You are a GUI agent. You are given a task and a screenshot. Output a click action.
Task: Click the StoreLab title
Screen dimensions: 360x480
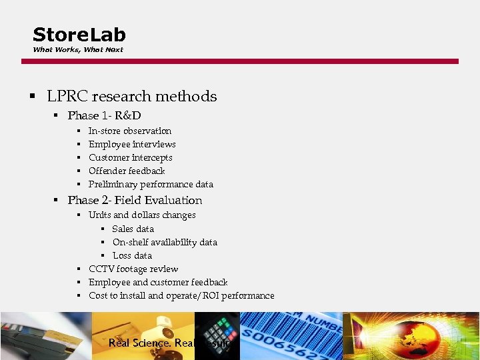coord(79,35)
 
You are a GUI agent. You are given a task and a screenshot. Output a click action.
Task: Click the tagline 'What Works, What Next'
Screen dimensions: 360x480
coord(78,50)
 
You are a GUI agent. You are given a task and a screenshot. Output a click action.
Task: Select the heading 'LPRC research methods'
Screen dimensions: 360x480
coord(131,97)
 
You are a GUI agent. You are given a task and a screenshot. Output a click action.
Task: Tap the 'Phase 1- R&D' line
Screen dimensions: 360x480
coord(104,116)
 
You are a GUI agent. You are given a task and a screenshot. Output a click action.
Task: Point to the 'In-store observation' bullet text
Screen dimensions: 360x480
coord(130,131)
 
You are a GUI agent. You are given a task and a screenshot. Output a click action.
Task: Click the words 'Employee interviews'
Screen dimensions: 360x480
coord(132,145)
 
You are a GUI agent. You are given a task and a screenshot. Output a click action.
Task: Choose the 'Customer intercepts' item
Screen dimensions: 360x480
coord(131,158)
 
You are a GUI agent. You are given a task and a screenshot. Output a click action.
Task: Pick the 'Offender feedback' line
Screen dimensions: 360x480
coord(127,171)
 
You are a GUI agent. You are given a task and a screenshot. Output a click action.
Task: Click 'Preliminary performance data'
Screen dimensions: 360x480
coord(151,185)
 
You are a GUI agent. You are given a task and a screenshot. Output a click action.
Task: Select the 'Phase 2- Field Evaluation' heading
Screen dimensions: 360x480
coord(135,201)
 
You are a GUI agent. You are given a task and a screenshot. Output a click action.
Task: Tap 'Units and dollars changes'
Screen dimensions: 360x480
coord(142,215)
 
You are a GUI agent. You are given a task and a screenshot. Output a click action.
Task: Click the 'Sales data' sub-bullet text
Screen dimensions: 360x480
coord(133,229)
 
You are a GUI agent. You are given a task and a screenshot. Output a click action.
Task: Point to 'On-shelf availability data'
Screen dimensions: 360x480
coord(165,243)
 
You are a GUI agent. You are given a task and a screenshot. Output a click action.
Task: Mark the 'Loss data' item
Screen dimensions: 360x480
coord(132,256)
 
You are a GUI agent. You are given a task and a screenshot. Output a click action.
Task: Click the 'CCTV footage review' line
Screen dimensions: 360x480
coord(133,269)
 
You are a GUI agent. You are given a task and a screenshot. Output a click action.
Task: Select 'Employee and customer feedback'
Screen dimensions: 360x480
coord(158,283)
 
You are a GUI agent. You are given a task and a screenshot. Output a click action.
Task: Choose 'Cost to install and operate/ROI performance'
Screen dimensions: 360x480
coord(181,296)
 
